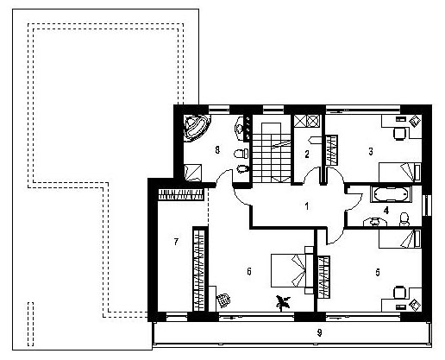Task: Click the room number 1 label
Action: click(307, 206)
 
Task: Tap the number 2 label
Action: click(307, 155)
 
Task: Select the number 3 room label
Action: click(371, 151)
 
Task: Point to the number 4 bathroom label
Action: click(386, 211)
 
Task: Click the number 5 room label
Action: click(378, 272)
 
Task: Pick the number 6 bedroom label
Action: click(249, 271)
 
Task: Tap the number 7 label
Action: click(176, 242)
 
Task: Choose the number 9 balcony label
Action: click(319, 332)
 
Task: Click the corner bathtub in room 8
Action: click(196, 127)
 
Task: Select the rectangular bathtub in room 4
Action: click(391, 194)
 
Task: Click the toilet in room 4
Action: click(404, 219)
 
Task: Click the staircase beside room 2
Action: click(272, 153)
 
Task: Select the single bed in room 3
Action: click(400, 172)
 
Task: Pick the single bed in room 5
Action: click(400, 238)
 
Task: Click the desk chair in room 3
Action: click(399, 134)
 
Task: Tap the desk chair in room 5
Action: click(399, 293)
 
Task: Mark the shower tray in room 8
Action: click(193, 173)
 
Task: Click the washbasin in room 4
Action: click(375, 222)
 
